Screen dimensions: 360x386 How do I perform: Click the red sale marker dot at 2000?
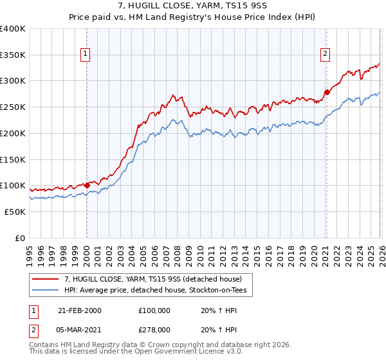(87, 185)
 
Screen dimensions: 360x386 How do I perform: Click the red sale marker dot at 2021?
(326, 92)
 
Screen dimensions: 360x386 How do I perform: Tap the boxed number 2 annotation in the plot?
(326, 54)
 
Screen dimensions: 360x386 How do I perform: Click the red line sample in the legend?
(46, 279)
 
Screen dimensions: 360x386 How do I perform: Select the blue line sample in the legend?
(46, 291)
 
